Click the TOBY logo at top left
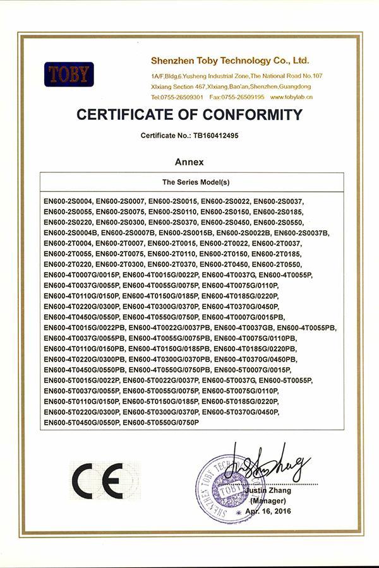point(69,74)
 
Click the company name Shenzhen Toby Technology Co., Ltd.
point(230,61)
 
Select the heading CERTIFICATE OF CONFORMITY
point(189,115)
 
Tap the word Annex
point(189,162)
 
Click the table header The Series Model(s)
point(192,182)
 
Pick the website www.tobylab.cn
point(291,97)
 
